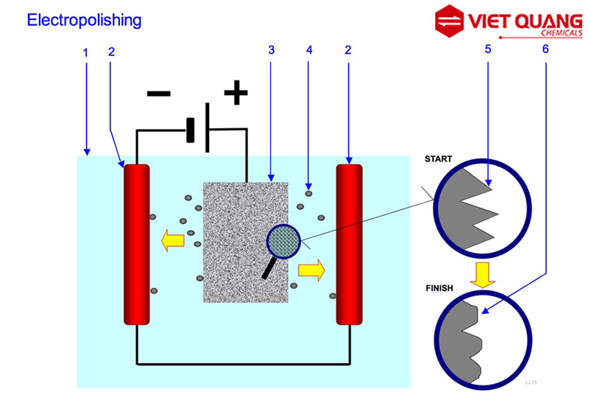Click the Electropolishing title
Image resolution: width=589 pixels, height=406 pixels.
[83, 20]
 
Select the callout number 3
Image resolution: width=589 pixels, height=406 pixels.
[272, 51]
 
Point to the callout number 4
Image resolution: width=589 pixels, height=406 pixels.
[309, 51]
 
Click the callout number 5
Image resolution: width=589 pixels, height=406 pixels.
[488, 51]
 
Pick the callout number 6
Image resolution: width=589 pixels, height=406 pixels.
[545, 51]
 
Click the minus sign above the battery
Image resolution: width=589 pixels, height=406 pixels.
[158, 94]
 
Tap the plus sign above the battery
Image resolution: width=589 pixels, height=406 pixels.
[236, 93]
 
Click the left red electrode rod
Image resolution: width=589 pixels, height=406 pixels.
[136, 244]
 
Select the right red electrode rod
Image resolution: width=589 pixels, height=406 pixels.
[349, 244]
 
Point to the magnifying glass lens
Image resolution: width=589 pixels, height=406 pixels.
[283, 242]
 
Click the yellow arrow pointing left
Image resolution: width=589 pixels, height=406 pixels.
[173, 239]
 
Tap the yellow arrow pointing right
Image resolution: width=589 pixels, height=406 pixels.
[311, 270]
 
